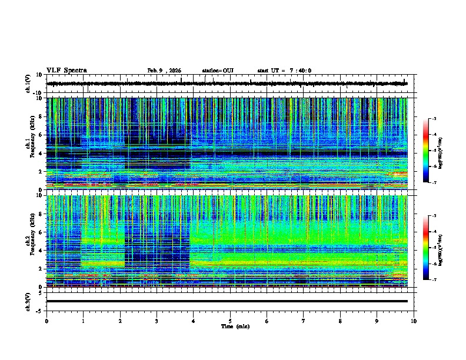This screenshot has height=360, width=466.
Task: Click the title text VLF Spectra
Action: click(x=66, y=71)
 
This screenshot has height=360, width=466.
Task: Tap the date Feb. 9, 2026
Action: click(x=164, y=71)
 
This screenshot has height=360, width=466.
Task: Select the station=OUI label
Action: click(x=218, y=71)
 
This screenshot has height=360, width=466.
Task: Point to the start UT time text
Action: click(x=284, y=71)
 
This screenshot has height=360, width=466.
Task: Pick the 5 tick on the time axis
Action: click(x=230, y=321)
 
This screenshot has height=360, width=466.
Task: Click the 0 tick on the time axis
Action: click(x=46, y=321)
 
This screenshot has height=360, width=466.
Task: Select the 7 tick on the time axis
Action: click(x=304, y=321)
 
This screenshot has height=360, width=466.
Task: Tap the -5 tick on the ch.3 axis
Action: click(x=40, y=310)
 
